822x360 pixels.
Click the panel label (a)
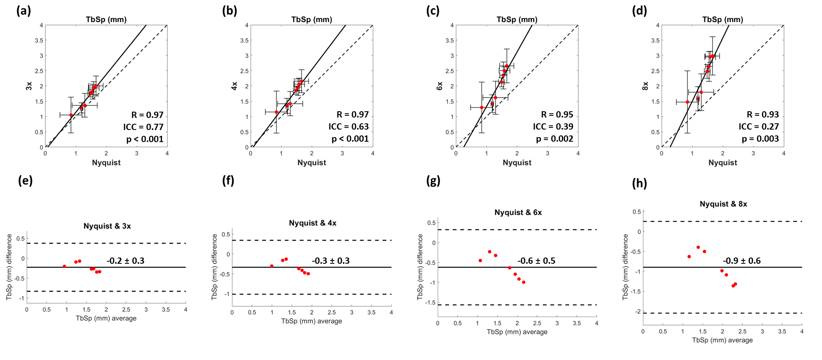[24, 10]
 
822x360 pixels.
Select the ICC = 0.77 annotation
[143, 127]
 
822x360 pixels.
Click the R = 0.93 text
[762, 115]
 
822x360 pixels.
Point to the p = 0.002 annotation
[555, 139]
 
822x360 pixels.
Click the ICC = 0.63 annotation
[349, 127]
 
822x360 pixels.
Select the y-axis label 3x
[29, 86]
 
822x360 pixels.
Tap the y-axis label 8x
[645, 86]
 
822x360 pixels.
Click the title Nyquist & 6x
[518, 212]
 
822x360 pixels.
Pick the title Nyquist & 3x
[107, 226]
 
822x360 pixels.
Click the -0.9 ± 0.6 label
[742, 261]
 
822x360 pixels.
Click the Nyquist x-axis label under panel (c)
[517, 162]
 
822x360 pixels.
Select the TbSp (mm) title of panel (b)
[311, 20]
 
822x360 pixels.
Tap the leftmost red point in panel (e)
[65, 266]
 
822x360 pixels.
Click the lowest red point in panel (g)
[523, 282]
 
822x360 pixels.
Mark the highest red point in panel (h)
[698, 247]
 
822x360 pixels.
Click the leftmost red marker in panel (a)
[71, 115]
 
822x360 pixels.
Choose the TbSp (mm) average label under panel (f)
[311, 321]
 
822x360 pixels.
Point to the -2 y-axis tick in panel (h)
[638, 312]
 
